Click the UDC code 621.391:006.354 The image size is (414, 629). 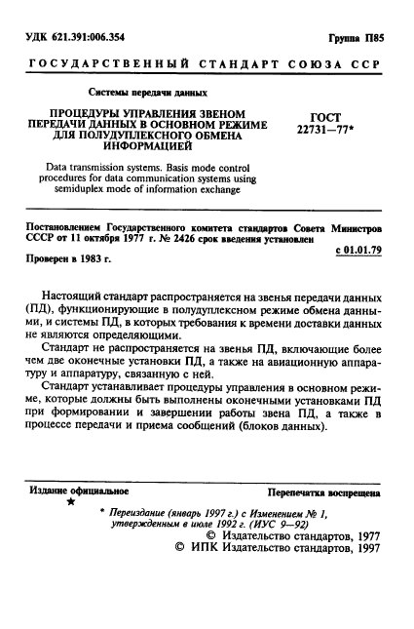coord(94,38)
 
